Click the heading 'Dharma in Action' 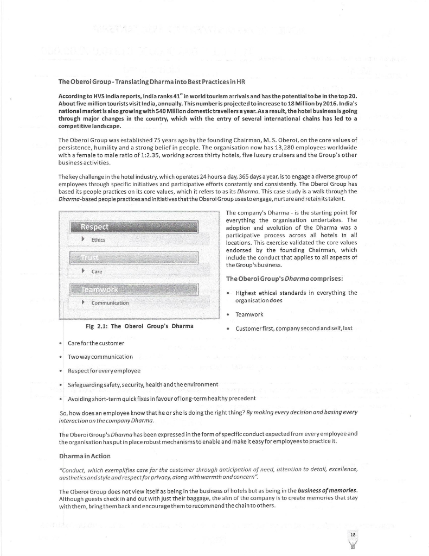[84, 456]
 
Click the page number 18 [353, 535]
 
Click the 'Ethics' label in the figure [98, 239]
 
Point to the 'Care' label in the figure [97, 270]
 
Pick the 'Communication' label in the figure [110, 302]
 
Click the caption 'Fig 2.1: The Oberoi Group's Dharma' [139, 326]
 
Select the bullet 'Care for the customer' [95, 343]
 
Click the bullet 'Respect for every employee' [104, 370]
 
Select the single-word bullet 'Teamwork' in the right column [249, 314]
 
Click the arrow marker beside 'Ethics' [82, 239]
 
